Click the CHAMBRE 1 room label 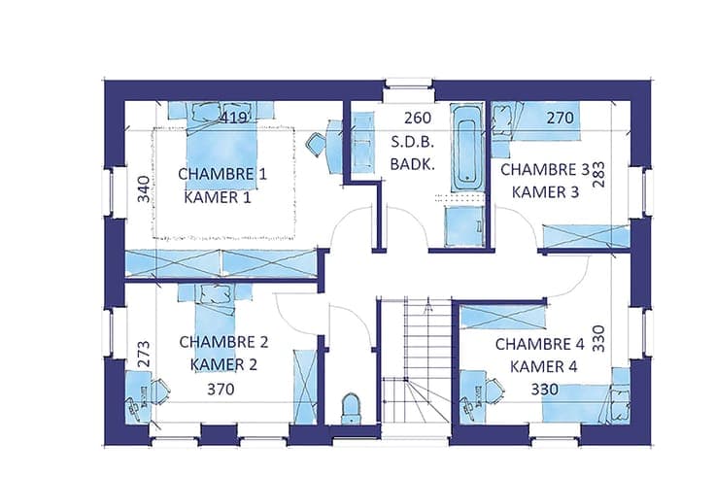(x=222, y=174)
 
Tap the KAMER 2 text (x=223, y=365)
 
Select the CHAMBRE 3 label (x=545, y=170)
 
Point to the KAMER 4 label (x=544, y=366)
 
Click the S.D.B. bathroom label (x=412, y=142)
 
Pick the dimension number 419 (x=233, y=118)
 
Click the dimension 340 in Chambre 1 (x=144, y=188)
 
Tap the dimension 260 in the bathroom (x=418, y=118)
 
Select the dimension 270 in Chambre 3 (x=560, y=119)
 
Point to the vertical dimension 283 (x=598, y=175)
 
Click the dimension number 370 (x=221, y=390)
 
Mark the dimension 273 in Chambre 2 (x=144, y=354)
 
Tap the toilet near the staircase (x=351, y=408)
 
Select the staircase (x=416, y=360)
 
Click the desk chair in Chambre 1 (x=316, y=144)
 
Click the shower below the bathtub (x=464, y=226)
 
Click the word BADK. (x=412, y=164)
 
